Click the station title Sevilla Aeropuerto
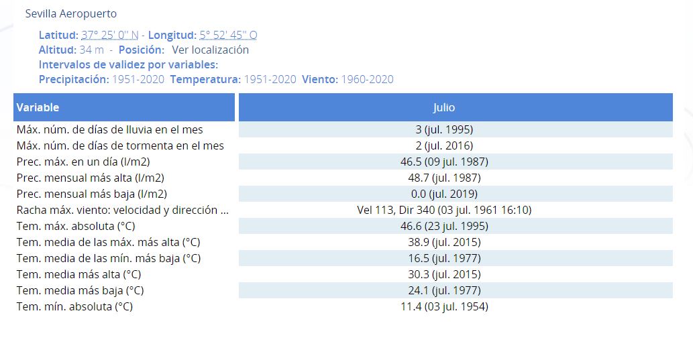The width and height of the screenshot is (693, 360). point(70,13)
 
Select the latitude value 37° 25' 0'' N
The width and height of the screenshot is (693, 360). point(109,35)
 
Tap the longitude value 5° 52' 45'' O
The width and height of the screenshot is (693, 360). point(228,35)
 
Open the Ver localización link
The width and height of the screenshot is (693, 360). point(211,50)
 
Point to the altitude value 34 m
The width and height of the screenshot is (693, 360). point(91,50)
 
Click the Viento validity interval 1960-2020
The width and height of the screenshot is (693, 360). point(367,80)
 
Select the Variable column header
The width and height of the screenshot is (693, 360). point(38,107)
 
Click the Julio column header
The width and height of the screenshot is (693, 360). point(443,107)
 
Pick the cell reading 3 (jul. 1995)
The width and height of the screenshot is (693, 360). point(444,129)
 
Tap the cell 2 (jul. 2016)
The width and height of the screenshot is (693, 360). point(444,145)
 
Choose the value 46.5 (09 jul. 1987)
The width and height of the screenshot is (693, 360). point(444,162)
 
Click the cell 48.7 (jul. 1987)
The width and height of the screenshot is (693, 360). point(444,178)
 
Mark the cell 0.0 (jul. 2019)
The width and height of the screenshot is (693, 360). point(444,194)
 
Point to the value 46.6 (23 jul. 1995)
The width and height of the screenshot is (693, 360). point(444,226)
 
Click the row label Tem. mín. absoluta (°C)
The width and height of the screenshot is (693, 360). point(74,306)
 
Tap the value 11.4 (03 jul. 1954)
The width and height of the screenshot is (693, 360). point(444,306)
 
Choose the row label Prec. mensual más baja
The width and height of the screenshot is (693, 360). point(91,194)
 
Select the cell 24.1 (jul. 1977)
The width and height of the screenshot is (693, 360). point(444,291)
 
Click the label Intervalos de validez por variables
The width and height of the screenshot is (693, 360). point(128,65)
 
